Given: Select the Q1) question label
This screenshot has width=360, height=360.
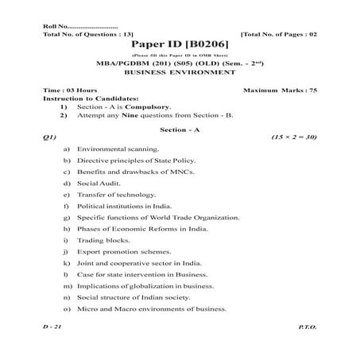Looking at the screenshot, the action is pos(49,137).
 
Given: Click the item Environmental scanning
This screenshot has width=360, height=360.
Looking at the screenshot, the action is pos(118,149).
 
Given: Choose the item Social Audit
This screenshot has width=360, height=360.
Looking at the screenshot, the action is pos(98,183).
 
